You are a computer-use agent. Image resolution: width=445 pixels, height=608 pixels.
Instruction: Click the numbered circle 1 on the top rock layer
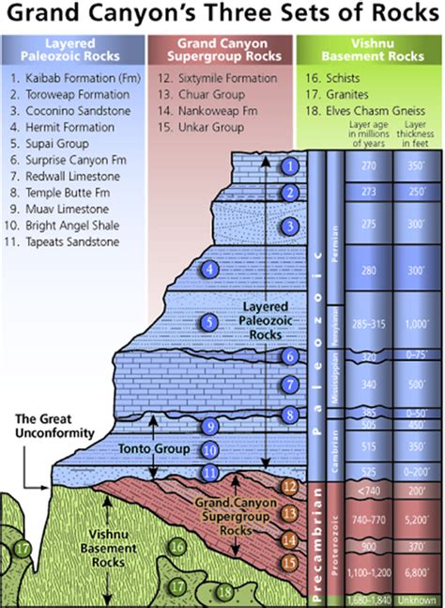tap(292, 166)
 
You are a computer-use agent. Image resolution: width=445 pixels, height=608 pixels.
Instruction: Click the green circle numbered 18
tap(223, 592)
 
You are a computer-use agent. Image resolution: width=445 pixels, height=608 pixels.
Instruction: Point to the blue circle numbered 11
tap(212, 472)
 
